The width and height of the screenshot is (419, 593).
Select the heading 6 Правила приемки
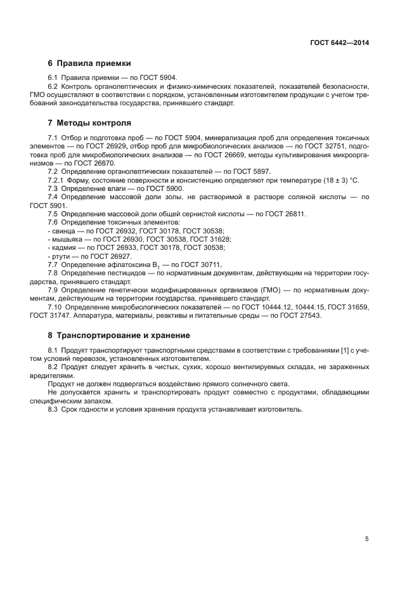(89, 63)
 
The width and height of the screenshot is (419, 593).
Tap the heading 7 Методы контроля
(90, 122)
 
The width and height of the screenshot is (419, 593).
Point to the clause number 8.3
(53, 409)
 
